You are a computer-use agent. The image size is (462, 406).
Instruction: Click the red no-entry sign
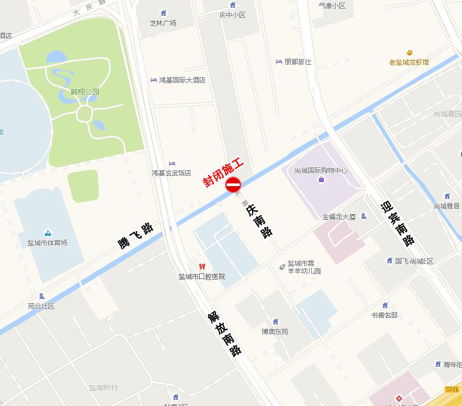[x=233, y=185]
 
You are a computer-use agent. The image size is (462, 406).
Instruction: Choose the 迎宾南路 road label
[x=398, y=223]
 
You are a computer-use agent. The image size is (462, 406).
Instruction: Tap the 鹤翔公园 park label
[x=85, y=92]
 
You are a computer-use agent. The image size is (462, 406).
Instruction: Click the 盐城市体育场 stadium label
[x=47, y=243]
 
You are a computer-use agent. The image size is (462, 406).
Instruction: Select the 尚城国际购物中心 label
[x=321, y=170]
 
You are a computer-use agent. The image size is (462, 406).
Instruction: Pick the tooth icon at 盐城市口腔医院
[x=202, y=267]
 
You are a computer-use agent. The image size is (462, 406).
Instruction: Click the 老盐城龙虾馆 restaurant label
[x=409, y=62]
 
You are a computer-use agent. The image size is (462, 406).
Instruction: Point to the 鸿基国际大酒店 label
[x=182, y=80]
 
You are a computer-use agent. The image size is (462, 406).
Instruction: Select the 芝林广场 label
[x=163, y=23]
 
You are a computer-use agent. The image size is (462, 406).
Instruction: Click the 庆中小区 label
[x=232, y=15]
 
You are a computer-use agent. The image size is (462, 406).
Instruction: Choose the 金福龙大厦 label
[x=339, y=217]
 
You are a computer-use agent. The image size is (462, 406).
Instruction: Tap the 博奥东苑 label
[x=275, y=332]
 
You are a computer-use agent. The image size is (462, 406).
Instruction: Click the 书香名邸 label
[x=384, y=315]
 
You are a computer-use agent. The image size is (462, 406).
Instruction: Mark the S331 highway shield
[x=452, y=389]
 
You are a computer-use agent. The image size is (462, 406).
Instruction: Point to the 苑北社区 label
[x=41, y=306]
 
